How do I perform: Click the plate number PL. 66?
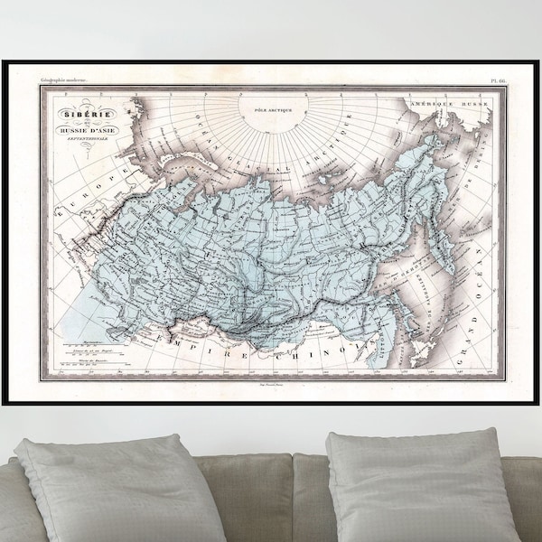493,82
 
